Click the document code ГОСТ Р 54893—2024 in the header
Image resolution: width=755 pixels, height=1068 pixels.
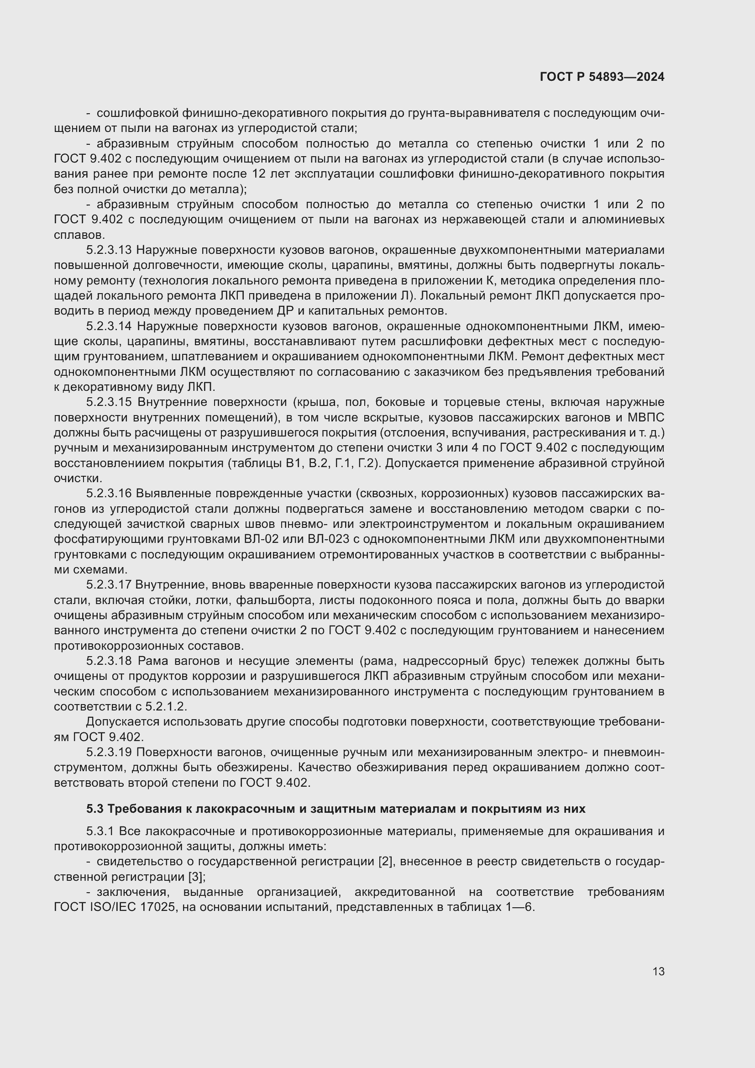[602, 77]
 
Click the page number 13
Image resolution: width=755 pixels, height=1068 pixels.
[658, 971]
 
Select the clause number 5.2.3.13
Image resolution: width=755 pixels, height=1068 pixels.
[109, 250]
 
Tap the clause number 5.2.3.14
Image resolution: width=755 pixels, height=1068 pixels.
[109, 326]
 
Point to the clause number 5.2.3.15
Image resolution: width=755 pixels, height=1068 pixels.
[109, 402]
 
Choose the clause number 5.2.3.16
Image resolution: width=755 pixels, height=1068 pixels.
[109, 494]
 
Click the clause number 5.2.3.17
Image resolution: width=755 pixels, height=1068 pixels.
[109, 585]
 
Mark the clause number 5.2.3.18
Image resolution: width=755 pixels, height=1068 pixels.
[109, 661]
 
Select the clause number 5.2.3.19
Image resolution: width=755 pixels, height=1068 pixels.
[109, 752]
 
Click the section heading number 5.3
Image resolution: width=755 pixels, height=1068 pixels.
[94, 809]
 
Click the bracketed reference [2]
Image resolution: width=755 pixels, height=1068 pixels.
[385, 862]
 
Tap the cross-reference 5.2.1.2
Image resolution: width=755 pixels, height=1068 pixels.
[166, 706]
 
